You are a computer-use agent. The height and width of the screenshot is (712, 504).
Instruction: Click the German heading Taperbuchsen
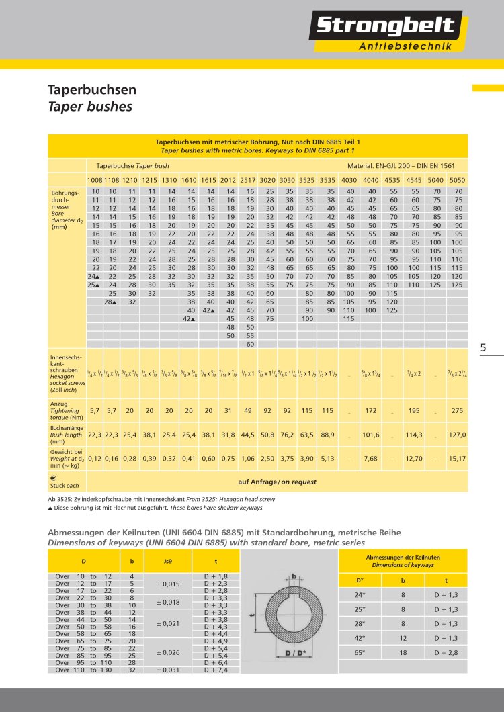[92, 89]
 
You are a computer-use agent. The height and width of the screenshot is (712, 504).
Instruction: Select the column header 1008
[95, 180]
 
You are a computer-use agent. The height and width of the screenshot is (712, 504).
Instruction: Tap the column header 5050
[458, 180]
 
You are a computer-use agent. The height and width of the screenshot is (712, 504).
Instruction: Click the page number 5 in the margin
[483, 347]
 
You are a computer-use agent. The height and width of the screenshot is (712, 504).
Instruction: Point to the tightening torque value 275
[458, 410]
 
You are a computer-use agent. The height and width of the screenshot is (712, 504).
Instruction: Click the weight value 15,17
[458, 459]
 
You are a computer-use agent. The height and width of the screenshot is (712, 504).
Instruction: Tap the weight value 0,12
[95, 459]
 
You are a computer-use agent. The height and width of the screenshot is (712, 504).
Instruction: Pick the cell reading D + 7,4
[215, 670]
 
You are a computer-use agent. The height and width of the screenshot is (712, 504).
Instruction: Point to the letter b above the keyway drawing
[294, 576]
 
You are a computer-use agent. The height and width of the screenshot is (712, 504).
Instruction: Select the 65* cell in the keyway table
[360, 652]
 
